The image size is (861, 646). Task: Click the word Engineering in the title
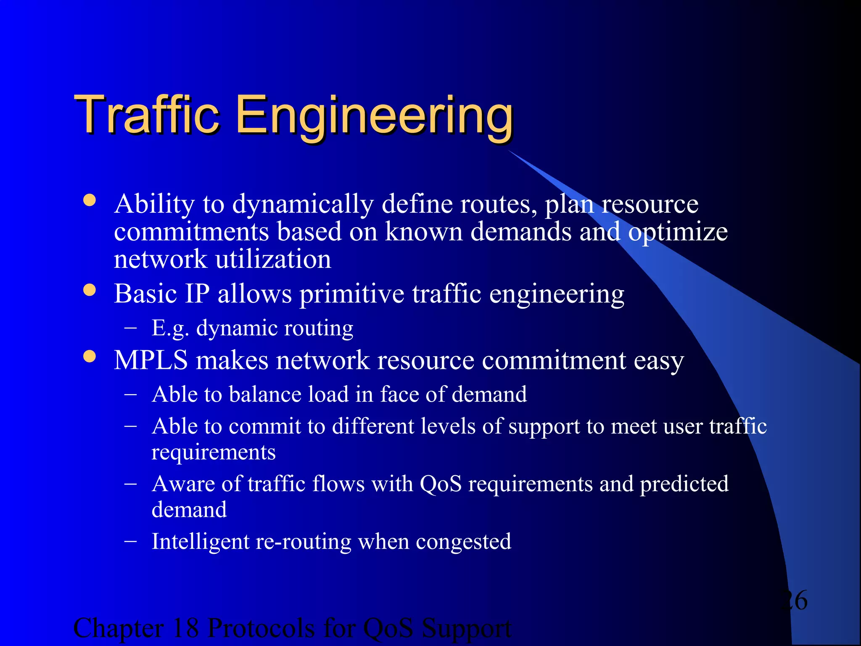pyautogui.click(x=374, y=116)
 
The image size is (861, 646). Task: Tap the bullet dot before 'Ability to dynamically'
pyautogui.click(x=90, y=200)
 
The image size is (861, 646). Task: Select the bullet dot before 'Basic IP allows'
pyautogui.click(x=90, y=290)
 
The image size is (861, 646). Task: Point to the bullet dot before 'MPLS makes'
pyautogui.click(x=90, y=357)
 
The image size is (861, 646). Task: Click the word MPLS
pyautogui.click(x=151, y=360)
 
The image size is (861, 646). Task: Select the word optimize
pyautogui.click(x=678, y=233)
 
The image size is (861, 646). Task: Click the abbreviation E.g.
pyautogui.click(x=170, y=328)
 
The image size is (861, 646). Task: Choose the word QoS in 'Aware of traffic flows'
pyautogui.click(x=441, y=484)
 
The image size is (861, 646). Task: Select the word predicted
pyautogui.click(x=684, y=484)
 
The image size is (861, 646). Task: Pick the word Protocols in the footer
pyautogui.click(x=261, y=628)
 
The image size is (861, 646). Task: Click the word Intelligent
pyautogui.click(x=201, y=542)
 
